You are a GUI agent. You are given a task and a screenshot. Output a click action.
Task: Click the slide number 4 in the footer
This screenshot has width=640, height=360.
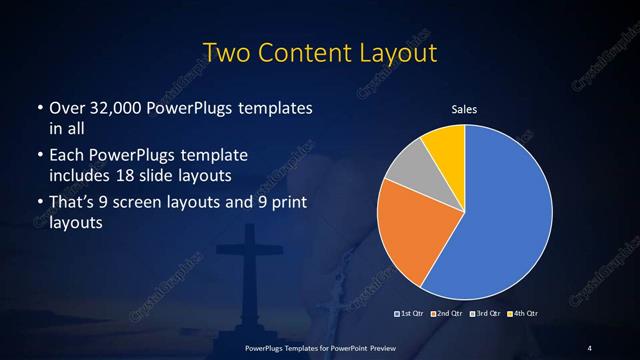pos(589,347)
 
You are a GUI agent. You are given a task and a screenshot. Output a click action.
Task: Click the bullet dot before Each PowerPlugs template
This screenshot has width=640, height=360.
pos(40,157)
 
